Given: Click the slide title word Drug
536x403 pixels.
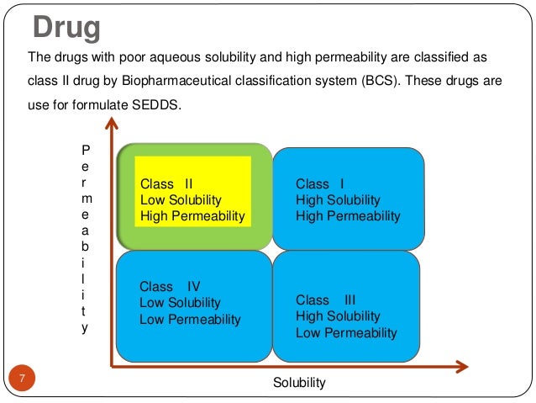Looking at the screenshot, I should pos(66,28).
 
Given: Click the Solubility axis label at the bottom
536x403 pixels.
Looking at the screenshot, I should pos(299,383).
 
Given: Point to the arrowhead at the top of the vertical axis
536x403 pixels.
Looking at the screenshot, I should pos(109,125).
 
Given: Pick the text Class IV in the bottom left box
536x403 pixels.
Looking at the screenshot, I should pos(170,286).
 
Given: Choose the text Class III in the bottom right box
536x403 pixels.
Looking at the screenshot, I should pos(326,300).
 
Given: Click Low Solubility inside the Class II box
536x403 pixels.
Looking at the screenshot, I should pos(181,199).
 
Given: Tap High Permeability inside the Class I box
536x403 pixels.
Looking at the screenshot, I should pos(348,216).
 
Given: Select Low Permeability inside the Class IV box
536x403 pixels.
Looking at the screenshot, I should pos(190,319).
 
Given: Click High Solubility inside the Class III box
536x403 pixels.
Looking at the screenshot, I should pos(338,316).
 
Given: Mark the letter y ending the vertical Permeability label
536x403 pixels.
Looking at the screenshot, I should pos(83,328).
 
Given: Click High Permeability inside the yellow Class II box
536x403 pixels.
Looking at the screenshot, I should pos(192,216).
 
